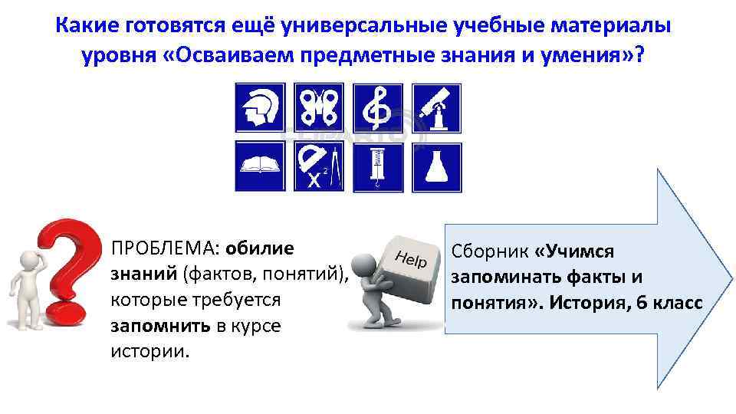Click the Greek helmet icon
pos(260,108)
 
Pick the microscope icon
pos(437,108)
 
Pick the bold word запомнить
pos(159,326)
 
